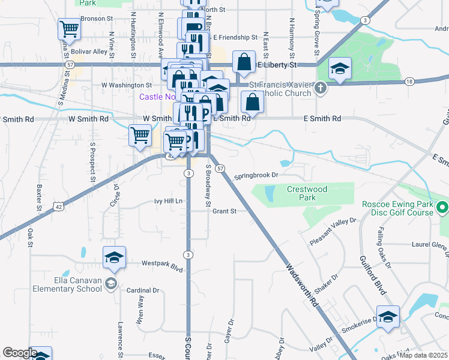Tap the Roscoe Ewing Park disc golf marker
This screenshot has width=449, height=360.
click(x=443, y=208)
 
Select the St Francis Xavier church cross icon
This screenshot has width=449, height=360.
click(x=321, y=89)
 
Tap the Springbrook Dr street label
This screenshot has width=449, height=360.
click(x=257, y=176)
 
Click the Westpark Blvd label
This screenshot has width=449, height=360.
click(x=161, y=263)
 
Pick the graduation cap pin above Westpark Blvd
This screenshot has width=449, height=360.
click(x=114, y=258)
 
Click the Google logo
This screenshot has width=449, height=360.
click(x=20, y=353)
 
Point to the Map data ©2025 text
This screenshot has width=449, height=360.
click(x=424, y=355)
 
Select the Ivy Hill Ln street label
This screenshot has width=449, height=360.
click(x=168, y=202)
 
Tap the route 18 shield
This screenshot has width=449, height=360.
click(x=409, y=81)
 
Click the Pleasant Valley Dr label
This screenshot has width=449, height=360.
click(x=333, y=232)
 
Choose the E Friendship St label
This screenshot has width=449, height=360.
click(x=235, y=37)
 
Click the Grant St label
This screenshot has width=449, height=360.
click(x=224, y=211)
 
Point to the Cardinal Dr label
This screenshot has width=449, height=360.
click(x=142, y=290)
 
